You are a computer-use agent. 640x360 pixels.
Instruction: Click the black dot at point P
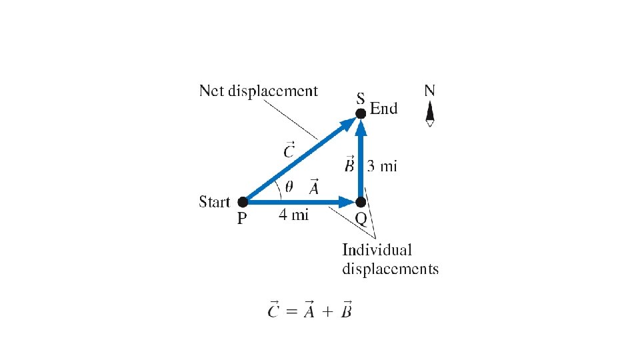(243, 201)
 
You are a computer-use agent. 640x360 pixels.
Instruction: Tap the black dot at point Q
(361, 201)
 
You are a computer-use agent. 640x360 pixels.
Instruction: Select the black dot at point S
(361, 113)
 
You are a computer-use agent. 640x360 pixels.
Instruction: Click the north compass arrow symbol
(430, 114)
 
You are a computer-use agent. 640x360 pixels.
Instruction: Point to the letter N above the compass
(430, 90)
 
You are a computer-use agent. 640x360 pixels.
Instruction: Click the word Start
(214, 201)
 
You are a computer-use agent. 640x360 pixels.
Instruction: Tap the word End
(383, 109)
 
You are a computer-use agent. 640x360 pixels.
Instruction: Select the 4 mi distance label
(294, 216)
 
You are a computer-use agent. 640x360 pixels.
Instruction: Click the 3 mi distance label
(383, 166)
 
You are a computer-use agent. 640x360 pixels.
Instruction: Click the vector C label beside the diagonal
(288, 150)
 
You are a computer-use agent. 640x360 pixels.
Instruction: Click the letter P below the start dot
(243, 219)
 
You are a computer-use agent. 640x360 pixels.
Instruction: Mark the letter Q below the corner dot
(361, 219)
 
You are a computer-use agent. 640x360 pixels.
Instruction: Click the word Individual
(377, 251)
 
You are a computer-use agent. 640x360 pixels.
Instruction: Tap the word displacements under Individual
(390, 269)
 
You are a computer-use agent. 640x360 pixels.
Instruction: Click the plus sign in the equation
(325, 311)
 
